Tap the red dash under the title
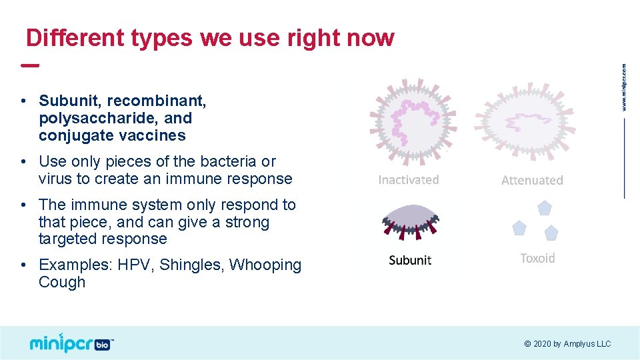pyautogui.click(x=29, y=65)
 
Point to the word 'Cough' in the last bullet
pyautogui.click(x=62, y=282)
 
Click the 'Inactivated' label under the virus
pyautogui.click(x=409, y=180)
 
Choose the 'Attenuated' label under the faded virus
pyautogui.click(x=532, y=181)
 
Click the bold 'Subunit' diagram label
pyautogui.click(x=410, y=260)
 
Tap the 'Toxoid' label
pyautogui.click(x=537, y=258)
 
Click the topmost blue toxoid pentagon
pyautogui.click(x=545, y=207)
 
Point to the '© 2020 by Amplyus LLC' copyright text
pyautogui.click(x=567, y=344)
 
